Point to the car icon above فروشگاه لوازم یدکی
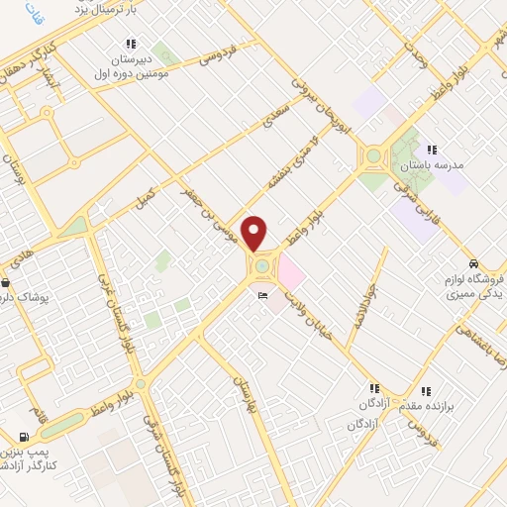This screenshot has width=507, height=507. (475, 264)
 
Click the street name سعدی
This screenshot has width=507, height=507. (271, 121)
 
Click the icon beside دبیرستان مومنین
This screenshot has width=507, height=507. (131, 44)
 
